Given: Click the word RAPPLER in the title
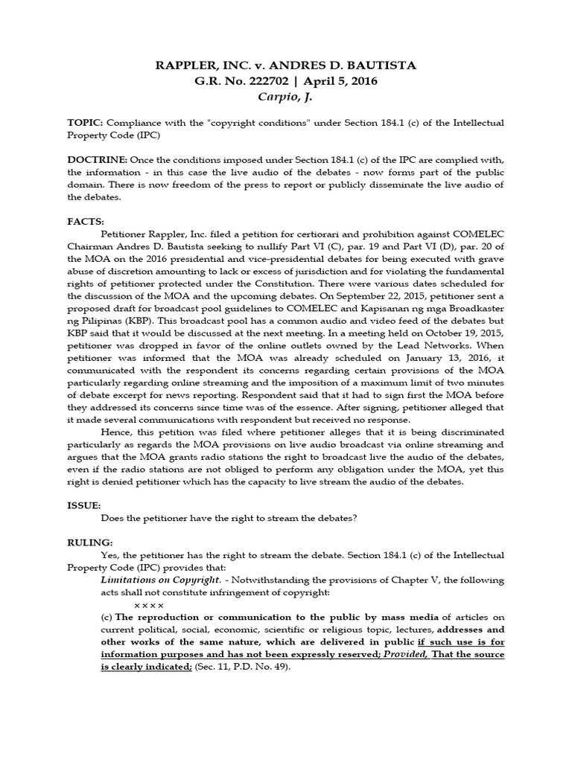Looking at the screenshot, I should [x=183, y=65].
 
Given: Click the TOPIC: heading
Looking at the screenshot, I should [x=85, y=122].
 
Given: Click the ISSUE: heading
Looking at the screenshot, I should [x=85, y=505].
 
